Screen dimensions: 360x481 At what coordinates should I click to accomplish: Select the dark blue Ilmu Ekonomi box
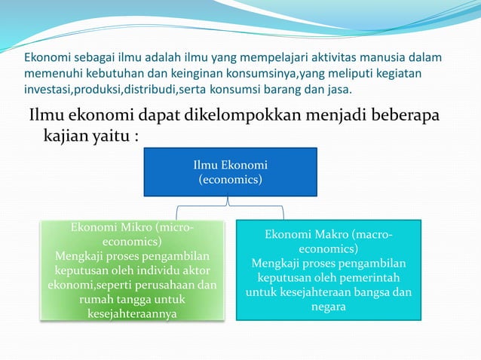[x=230, y=172]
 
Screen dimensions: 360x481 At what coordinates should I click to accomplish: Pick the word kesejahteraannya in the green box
[x=132, y=314]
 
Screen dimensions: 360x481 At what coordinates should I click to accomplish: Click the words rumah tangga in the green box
[x=118, y=300]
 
